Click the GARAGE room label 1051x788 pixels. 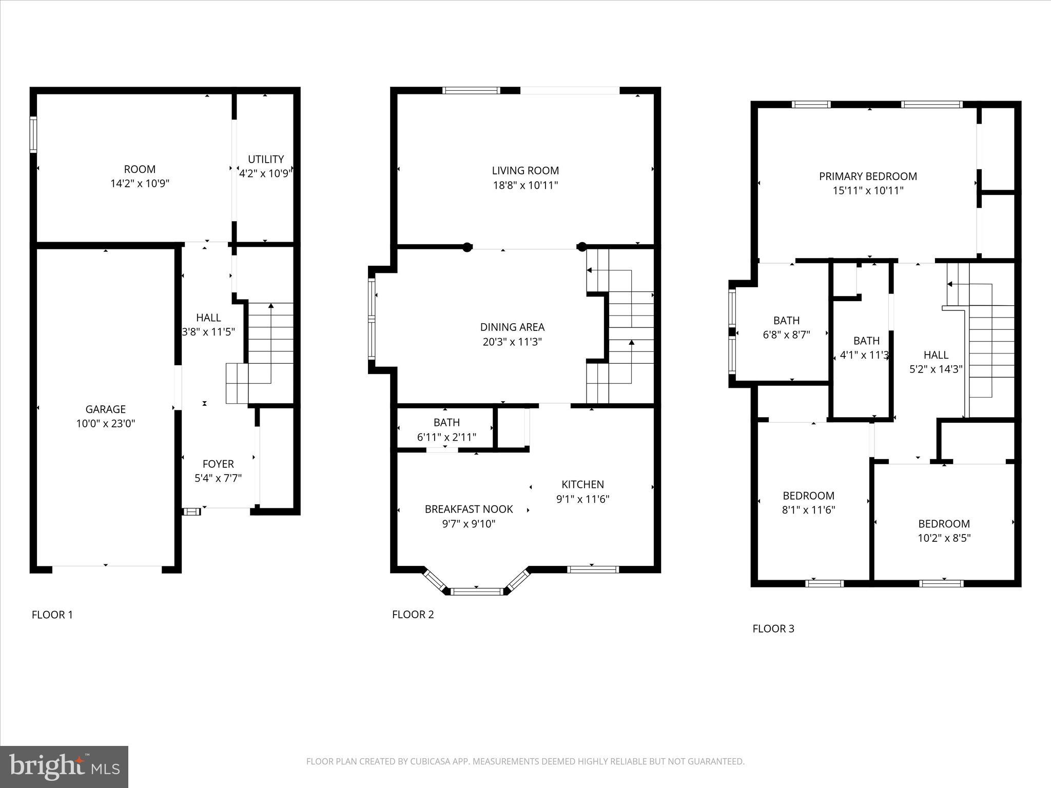(x=105, y=409)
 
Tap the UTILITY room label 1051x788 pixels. (x=265, y=159)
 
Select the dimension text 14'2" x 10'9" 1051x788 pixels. (x=140, y=183)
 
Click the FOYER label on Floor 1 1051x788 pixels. (x=218, y=464)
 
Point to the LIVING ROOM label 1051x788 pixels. (x=525, y=170)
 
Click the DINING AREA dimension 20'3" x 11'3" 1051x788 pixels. (x=512, y=342)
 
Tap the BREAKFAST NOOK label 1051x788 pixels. (x=469, y=509)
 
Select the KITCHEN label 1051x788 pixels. (x=582, y=484)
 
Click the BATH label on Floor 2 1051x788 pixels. (x=446, y=422)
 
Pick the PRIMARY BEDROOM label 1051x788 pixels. (x=868, y=176)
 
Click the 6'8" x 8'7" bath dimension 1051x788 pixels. (x=786, y=335)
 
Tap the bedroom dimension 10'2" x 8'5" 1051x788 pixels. (x=944, y=538)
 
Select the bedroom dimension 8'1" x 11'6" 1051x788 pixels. (x=808, y=510)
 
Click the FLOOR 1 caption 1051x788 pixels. (x=52, y=615)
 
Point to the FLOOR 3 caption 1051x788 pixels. (x=773, y=628)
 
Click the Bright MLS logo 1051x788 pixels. (x=64, y=766)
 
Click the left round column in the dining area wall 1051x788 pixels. (x=467, y=247)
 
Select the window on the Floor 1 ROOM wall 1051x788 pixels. (x=33, y=134)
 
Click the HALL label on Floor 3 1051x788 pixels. (x=936, y=354)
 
